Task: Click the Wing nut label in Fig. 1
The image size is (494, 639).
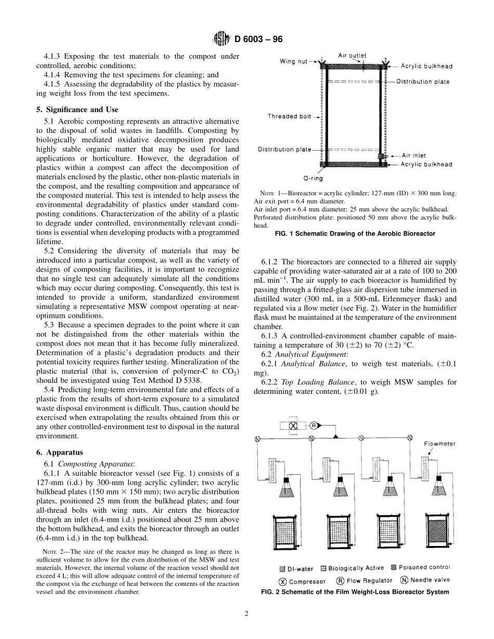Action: click(x=294, y=61)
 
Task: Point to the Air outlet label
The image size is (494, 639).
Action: click(x=352, y=55)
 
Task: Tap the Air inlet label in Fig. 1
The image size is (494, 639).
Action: click(x=414, y=155)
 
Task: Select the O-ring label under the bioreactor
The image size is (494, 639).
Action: click(x=313, y=178)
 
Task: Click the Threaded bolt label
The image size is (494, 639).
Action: click(x=289, y=116)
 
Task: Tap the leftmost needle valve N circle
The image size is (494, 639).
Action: click(x=257, y=439)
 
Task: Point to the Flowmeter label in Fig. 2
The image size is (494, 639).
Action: click(x=439, y=444)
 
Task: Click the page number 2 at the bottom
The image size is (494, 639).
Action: click(x=247, y=614)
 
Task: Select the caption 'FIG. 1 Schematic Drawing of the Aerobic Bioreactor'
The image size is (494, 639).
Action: click(x=355, y=234)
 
